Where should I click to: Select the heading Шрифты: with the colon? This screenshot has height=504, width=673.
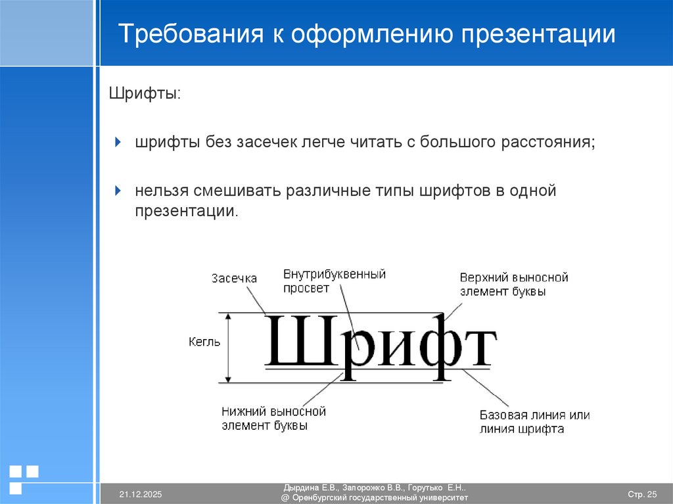coord(145,93)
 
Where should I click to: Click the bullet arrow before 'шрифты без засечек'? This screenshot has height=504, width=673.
coord(118,142)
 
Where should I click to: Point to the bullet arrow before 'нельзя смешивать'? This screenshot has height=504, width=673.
coord(118,191)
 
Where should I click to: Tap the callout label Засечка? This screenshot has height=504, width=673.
coord(234,279)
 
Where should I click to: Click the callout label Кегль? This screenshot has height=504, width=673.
coord(204,342)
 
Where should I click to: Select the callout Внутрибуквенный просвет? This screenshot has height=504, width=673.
coord(334,281)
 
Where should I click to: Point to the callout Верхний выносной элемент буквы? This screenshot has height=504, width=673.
coord(514,285)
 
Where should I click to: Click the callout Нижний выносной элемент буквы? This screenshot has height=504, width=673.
coord(273,419)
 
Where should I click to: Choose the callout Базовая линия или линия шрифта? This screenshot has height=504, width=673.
coord(534,423)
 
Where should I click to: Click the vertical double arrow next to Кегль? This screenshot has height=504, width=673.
coord(229,347)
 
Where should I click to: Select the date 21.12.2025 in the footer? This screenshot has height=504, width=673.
coord(141,494)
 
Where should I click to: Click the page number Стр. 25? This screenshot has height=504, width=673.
coord(642,494)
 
